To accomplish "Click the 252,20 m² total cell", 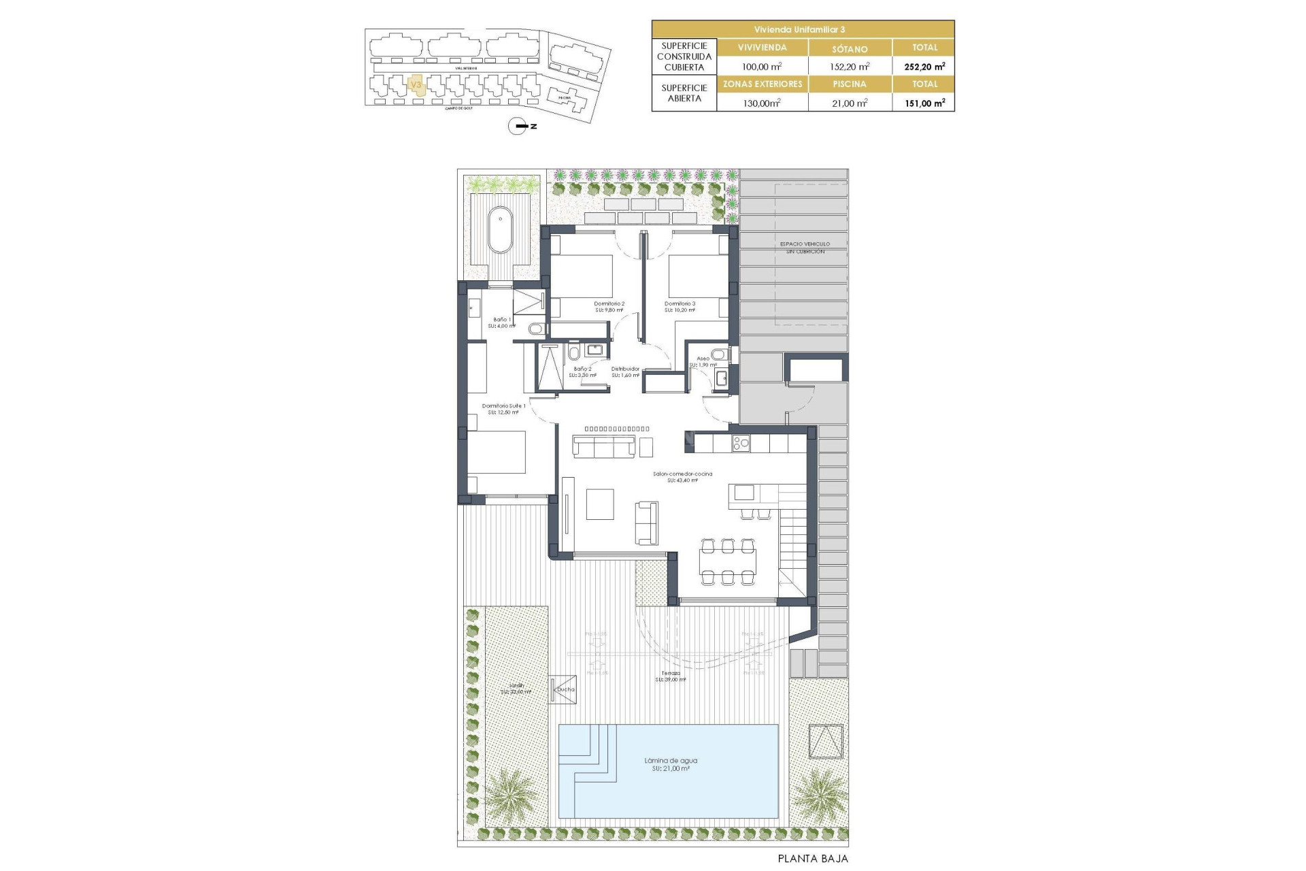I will [924, 67].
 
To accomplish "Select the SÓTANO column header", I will [850, 48].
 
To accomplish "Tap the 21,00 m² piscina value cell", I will [850, 103].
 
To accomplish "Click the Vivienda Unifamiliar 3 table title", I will [803, 29].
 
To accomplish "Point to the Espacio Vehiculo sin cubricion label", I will [805, 247].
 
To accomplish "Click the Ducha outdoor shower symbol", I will [563, 689].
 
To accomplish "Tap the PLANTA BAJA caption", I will [813, 859].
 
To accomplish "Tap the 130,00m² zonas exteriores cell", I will [762, 103].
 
